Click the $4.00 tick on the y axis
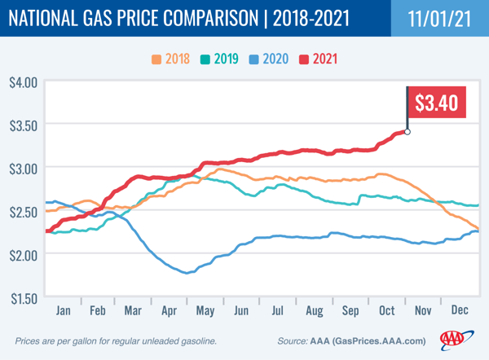coord(23,81)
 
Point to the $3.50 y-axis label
coord(23,125)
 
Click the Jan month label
coord(63,311)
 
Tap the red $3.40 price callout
coord(436,103)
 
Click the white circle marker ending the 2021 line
coord(407,132)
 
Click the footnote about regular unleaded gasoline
coord(116,340)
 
